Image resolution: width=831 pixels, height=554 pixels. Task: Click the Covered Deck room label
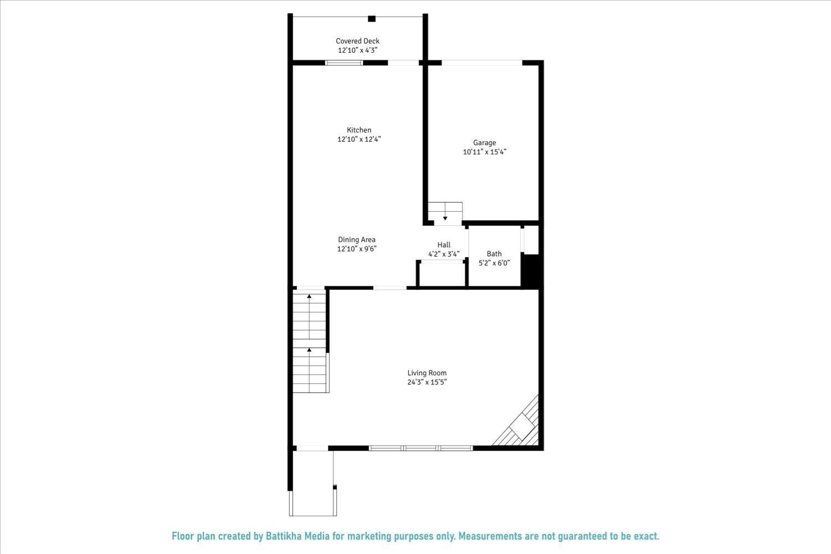click(x=357, y=41)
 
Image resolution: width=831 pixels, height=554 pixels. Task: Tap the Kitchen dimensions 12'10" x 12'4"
click(x=359, y=140)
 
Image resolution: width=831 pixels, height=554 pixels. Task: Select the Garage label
click(x=484, y=143)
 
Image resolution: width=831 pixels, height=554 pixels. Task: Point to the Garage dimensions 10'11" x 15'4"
click(x=485, y=152)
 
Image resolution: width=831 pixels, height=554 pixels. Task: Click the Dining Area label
click(x=357, y=240)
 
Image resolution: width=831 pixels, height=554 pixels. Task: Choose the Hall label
click(x=444, y=245)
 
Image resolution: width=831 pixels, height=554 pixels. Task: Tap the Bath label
click(x=494, y=254)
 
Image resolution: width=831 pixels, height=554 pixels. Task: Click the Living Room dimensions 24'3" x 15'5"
click(x=427, y=382)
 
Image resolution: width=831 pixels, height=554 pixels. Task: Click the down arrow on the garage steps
click(x=445, y=218)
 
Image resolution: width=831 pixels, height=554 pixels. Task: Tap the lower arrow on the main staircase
click(x=309, y=350)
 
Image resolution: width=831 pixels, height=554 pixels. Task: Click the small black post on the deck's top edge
click(x=372, y=19)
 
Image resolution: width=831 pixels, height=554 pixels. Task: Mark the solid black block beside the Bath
click(x=531, y=270)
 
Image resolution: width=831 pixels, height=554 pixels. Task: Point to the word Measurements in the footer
click(x=488, y=536)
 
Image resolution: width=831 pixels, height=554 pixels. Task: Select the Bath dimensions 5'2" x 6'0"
click(x=494, y=263)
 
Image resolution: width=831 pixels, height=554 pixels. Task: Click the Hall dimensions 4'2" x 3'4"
click(x=444, y=254)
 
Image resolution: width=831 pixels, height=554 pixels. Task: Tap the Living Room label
click(x=427, y=373)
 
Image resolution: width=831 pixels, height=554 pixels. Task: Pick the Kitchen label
click(x=359, y=130)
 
